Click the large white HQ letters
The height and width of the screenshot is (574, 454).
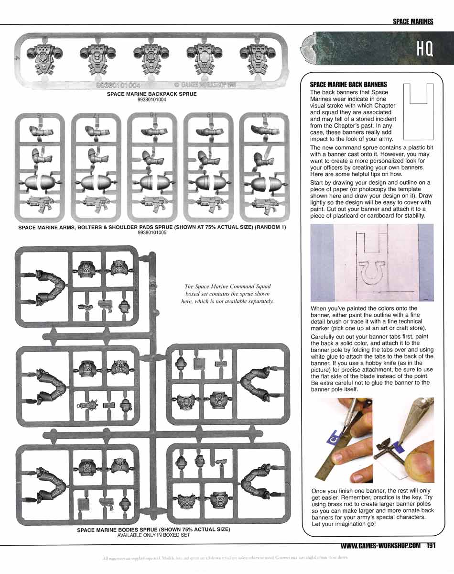[424, 49]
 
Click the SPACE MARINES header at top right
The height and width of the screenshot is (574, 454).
[412, 21]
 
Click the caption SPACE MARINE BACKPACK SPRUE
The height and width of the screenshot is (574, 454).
[151, 94]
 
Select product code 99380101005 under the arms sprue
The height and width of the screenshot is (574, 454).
[151, 232]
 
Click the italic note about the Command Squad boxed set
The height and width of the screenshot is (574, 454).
[227, 294]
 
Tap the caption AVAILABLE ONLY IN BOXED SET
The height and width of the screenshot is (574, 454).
[153, 535]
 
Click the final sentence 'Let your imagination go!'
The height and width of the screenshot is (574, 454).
[343, 524]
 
